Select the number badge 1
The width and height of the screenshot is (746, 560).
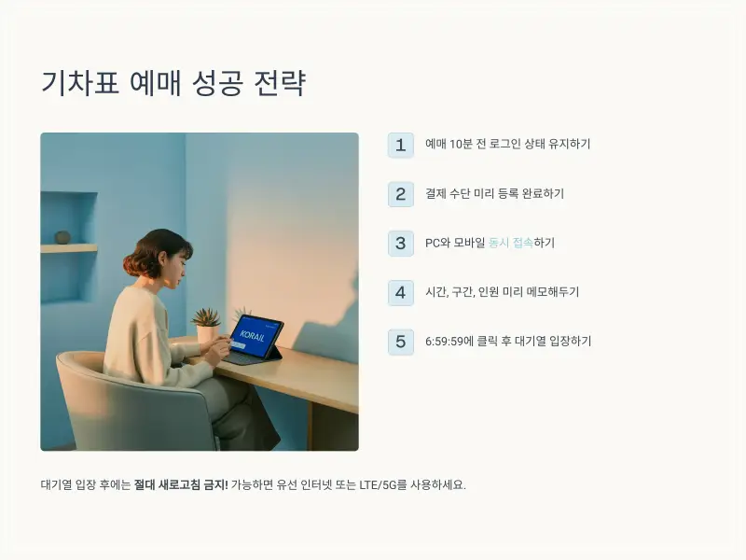click(x=400, y=145)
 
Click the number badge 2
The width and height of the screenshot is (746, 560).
click(x=400, y=194)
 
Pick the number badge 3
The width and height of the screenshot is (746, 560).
click(x=400, y=243)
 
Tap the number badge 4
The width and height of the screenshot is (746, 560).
click(x=400, y=292)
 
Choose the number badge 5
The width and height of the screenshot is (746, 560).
click(x=400, y=342)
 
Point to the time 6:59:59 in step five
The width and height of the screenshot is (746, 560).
click(x=449, y=342)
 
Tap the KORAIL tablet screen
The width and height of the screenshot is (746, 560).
click(x=255, y=336)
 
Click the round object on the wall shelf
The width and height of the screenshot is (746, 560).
click(x=62, y=237)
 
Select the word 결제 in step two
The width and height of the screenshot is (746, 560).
click(x=435, y=194)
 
